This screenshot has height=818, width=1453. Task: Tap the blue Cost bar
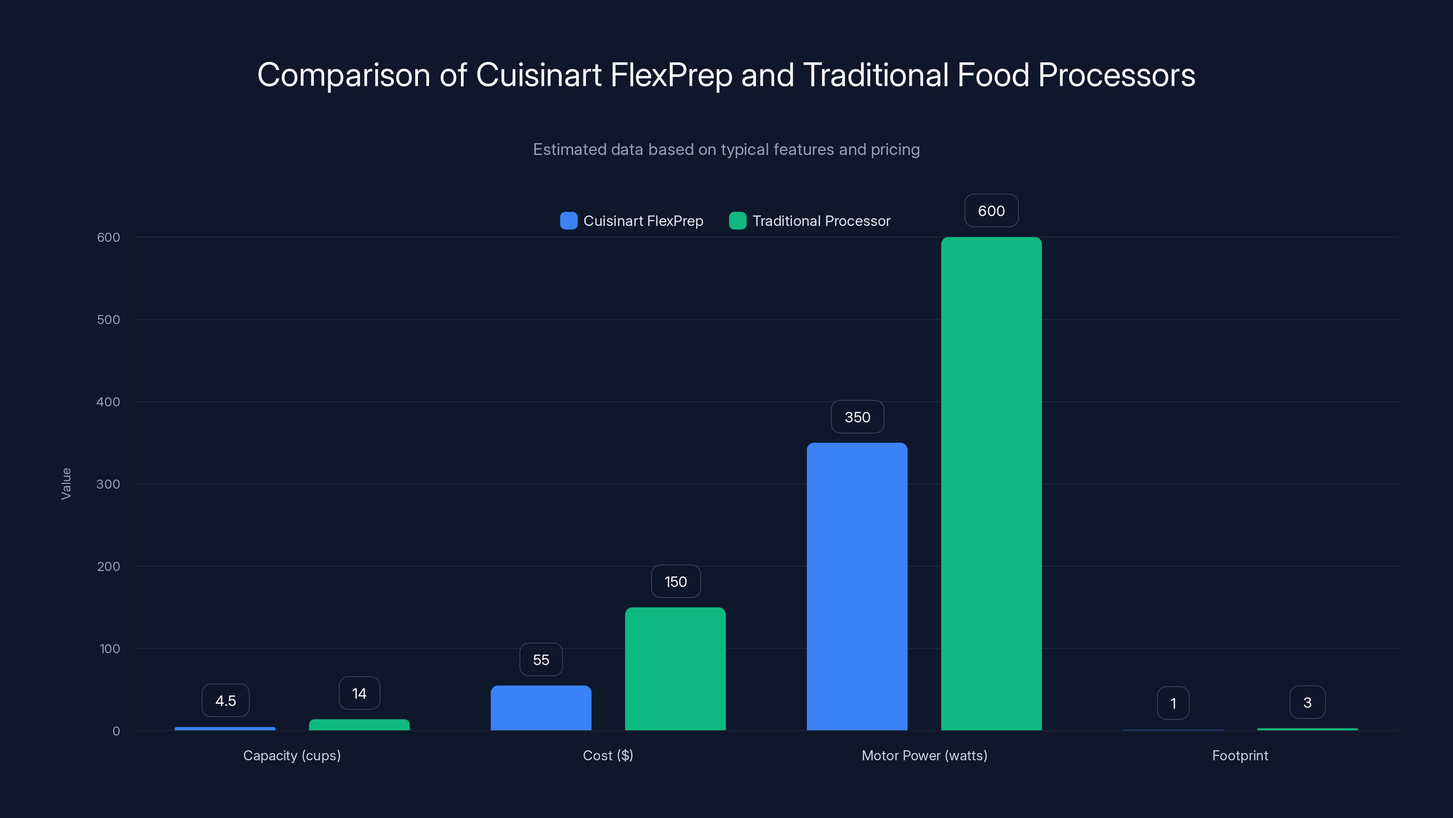[541, 708]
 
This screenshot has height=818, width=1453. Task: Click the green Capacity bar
[359, 725]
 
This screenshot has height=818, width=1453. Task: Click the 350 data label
[857, 417]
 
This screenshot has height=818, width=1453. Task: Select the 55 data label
[541, 659]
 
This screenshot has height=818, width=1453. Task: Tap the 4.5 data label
[226, 701]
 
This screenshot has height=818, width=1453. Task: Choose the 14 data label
[359, 693]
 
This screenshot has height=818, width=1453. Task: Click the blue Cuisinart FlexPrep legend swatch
[568, 221]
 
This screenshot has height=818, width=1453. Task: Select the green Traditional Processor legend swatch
[738, 221]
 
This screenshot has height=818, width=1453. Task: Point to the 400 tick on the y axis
[109, 402]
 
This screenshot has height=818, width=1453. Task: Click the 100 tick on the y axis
[109, 648]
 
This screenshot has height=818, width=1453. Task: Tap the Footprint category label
[1240, 755]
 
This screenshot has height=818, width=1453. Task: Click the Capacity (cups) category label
[292, 755]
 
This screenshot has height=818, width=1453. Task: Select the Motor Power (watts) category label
[924, 755]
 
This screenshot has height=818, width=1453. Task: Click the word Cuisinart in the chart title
[539, 75]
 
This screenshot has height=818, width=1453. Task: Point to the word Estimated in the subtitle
[569, 150]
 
